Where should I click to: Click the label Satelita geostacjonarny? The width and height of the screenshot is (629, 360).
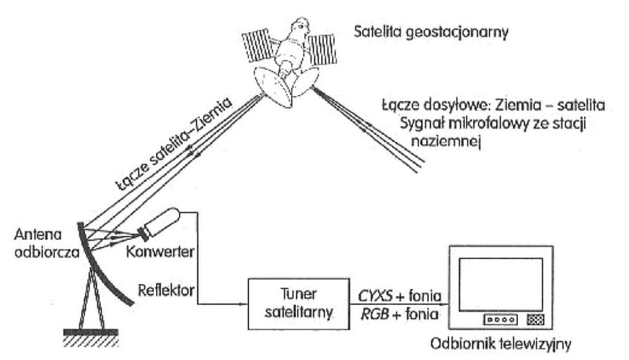click(432, 32)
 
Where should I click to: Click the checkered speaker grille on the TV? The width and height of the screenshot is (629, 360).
click(536, 319)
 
